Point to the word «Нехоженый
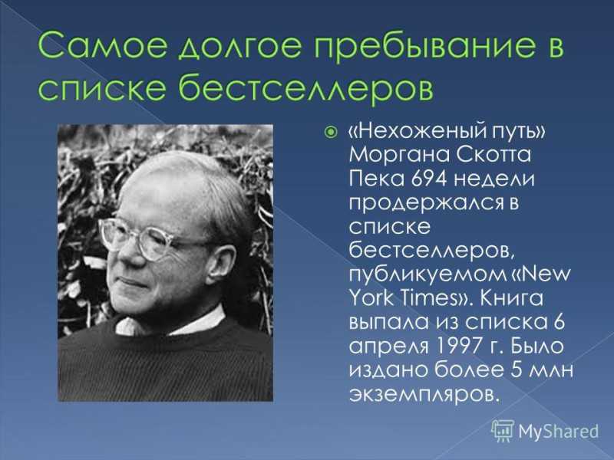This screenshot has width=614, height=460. pos(411,131)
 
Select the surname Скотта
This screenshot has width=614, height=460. pos(493,155)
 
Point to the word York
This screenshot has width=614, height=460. pos(370,298)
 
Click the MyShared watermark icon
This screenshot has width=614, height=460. pos(503,430)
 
